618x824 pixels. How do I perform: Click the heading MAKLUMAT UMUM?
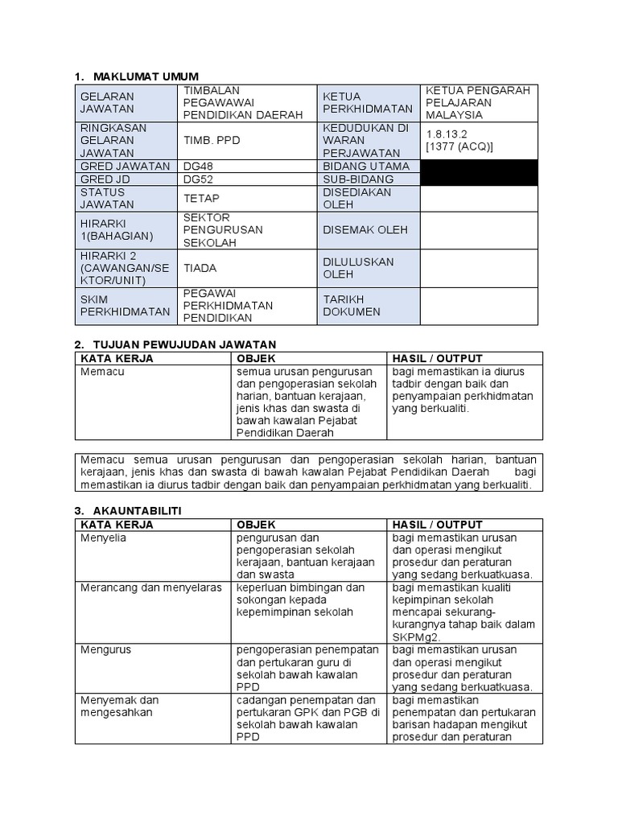(146, 76)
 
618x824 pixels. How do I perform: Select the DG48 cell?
(200, 166)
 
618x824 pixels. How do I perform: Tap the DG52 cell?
(200, 179)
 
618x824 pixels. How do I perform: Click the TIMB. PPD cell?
(212, 140)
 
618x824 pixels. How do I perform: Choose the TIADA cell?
(200, 268)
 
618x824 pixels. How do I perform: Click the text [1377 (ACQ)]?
(459, 146)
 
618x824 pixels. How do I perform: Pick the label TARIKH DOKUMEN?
(352, 305)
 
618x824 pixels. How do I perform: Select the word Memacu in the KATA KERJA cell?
(103, 372)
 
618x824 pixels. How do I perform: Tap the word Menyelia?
(103, 538)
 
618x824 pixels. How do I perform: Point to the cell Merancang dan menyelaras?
(150, 587)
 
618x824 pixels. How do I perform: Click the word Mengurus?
(105, 649)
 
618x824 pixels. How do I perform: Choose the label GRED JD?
(105, 179)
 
